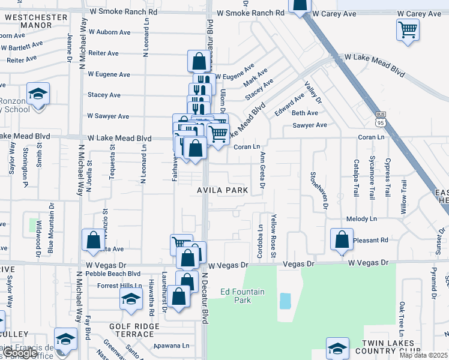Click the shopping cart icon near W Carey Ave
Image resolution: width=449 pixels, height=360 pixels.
click(408, 29)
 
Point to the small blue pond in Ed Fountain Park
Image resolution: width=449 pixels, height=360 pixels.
click(285, 301)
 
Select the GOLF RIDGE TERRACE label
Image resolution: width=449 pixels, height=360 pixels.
click(134, 330)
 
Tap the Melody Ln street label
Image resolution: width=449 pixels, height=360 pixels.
click(361, 220)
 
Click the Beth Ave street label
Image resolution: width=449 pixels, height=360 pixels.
click(304, 113)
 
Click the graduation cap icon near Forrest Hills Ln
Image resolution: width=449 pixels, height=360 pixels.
click(131, 298)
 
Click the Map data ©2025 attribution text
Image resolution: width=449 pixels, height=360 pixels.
click(423, 355)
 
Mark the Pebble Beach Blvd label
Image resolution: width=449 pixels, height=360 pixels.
click(112, 273)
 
